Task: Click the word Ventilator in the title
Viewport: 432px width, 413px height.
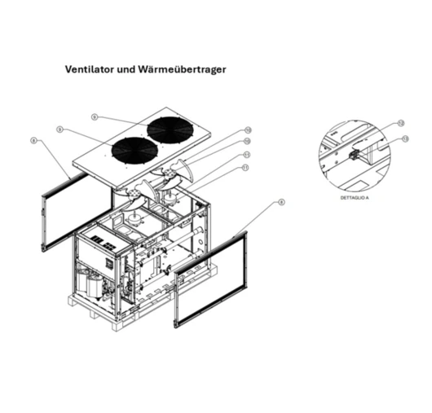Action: [90, 69]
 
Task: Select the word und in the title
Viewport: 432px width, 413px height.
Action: [127, 69]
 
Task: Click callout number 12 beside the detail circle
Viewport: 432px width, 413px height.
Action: [400, 123]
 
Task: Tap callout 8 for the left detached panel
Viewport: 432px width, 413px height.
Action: [33, 140]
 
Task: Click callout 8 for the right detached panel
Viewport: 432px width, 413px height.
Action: [281, 202]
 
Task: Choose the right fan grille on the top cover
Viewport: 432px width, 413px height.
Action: [174, 130]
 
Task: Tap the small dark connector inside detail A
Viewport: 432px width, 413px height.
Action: [354, 154]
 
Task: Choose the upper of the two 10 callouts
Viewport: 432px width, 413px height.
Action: [246, 130]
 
